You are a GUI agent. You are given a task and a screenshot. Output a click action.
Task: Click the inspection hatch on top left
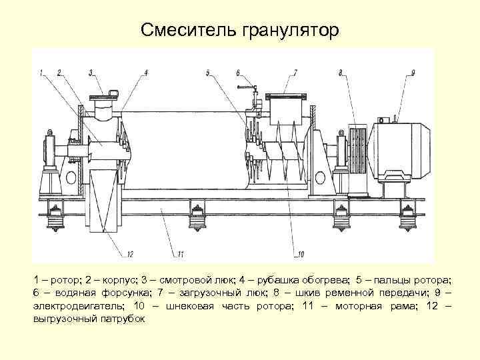[103, 107]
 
